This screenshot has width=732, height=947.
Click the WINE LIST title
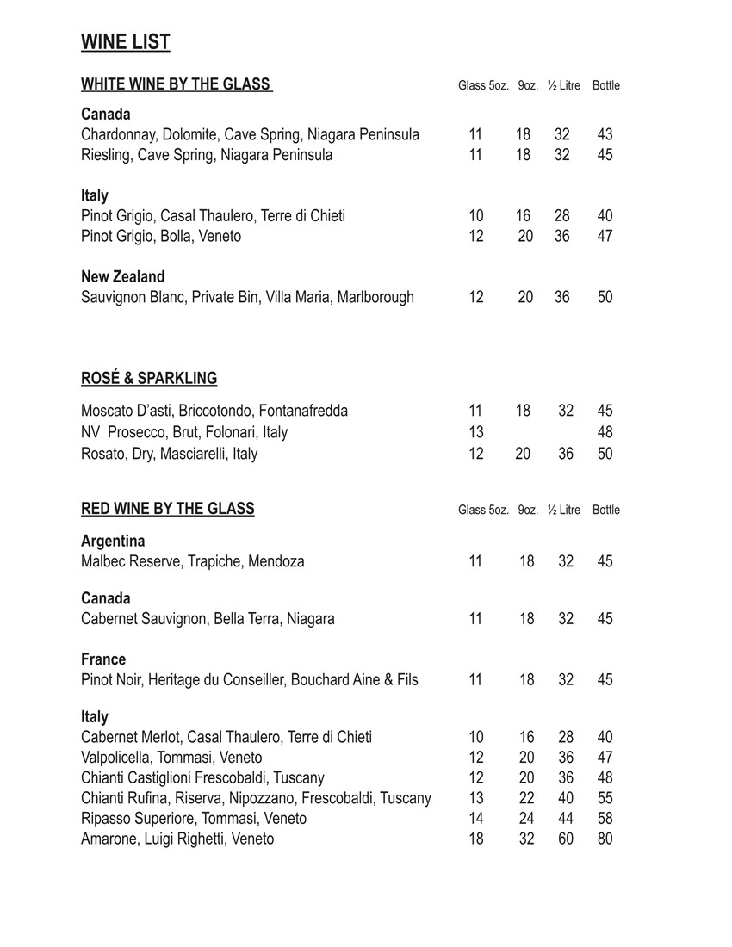tap(126, 42)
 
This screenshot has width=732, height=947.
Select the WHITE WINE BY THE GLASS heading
tap(177, 84)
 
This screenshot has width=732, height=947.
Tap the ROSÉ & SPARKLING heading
tap(149, 378)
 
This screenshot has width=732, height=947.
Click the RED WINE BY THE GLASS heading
tap(168, 509)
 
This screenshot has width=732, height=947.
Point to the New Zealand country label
tap(123, 277)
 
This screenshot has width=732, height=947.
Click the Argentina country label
tap(113, 542)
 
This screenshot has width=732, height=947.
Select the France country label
tap(103, 659)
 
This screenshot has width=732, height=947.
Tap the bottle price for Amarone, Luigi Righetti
tap(605, 839)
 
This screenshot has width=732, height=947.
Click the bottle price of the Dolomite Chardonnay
tap(605, 135)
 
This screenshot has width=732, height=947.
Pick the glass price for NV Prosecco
tap(476, 432)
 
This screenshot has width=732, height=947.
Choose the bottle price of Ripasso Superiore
tap(605, 819)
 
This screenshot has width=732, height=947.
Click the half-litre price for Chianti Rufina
tap(565, 798)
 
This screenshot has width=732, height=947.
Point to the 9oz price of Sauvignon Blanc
tap(525, 297)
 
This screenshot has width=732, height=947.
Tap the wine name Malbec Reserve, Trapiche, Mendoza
tap(193, 561)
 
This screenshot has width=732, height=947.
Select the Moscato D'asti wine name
tap(214, 411)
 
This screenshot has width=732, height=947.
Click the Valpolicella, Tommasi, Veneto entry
tap(171, 758)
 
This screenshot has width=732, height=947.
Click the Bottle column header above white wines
tap(606, 85)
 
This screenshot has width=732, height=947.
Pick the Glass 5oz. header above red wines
tap(483, 510)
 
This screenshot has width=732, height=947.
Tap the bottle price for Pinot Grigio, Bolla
tap(605, 236)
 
